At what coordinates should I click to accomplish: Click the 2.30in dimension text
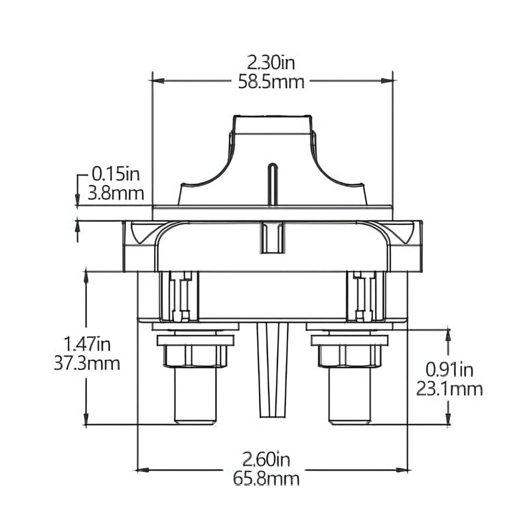[x=271, y=63]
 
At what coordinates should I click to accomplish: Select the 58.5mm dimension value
[x=271, y=82]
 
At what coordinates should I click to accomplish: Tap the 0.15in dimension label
[x=115, y=175]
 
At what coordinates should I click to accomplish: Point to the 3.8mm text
[x=115, y=194]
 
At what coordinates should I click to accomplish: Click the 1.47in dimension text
[x=87, y=344]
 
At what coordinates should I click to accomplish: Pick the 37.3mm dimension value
[x=87, y=364]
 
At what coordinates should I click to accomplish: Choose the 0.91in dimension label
[x=449, y=370]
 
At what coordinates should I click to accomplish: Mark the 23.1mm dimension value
[x=449, y=389]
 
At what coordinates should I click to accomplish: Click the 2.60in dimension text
[x=266, y=460]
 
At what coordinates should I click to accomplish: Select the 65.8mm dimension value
[x=266, y=479]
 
